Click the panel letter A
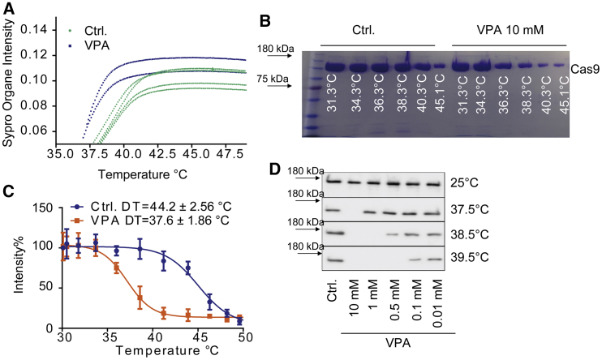pyautogui.click(x=7, y=7)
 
